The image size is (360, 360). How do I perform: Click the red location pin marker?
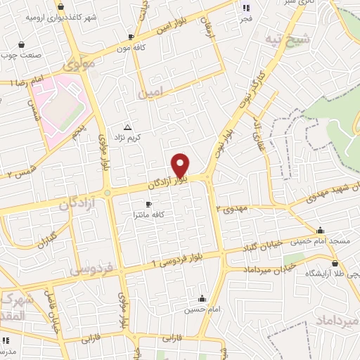tap(181, 165)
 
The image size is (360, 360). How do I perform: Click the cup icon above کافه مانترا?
tap(148, 204)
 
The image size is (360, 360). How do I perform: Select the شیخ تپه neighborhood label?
tap(300, 37)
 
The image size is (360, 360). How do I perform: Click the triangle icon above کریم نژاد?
tap(127, 127)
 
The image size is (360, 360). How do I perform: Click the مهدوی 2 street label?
tap(233, 209)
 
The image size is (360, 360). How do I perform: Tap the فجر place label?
tap(245, 18)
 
